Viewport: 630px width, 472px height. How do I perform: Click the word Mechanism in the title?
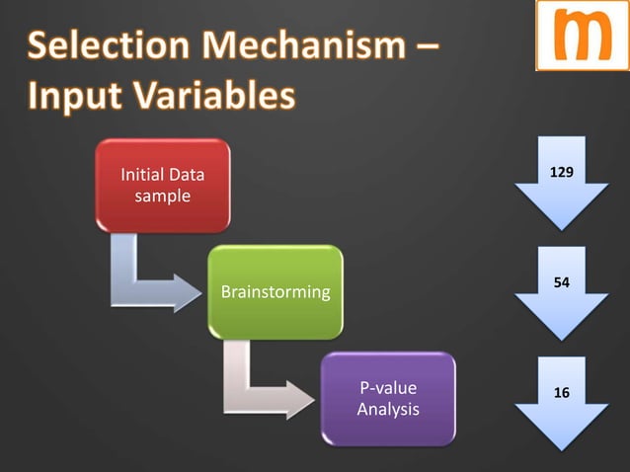click(306, 45)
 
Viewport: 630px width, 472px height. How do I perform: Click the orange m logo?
click(582, 36)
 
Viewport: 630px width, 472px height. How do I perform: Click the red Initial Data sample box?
click(163, 186)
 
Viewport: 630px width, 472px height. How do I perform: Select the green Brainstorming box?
click(276, 292)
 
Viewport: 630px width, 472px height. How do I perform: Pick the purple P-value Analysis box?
click(388, 399)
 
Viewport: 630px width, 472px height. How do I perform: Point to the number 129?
click(561, 173)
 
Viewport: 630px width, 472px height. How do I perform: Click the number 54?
click(561, 282)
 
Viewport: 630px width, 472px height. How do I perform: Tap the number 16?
click(561, 392)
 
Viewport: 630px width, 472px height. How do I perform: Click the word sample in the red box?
click(163, 196)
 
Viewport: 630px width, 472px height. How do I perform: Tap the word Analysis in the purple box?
click(388, 409)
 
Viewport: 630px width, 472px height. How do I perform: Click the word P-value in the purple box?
click(388, 389)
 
